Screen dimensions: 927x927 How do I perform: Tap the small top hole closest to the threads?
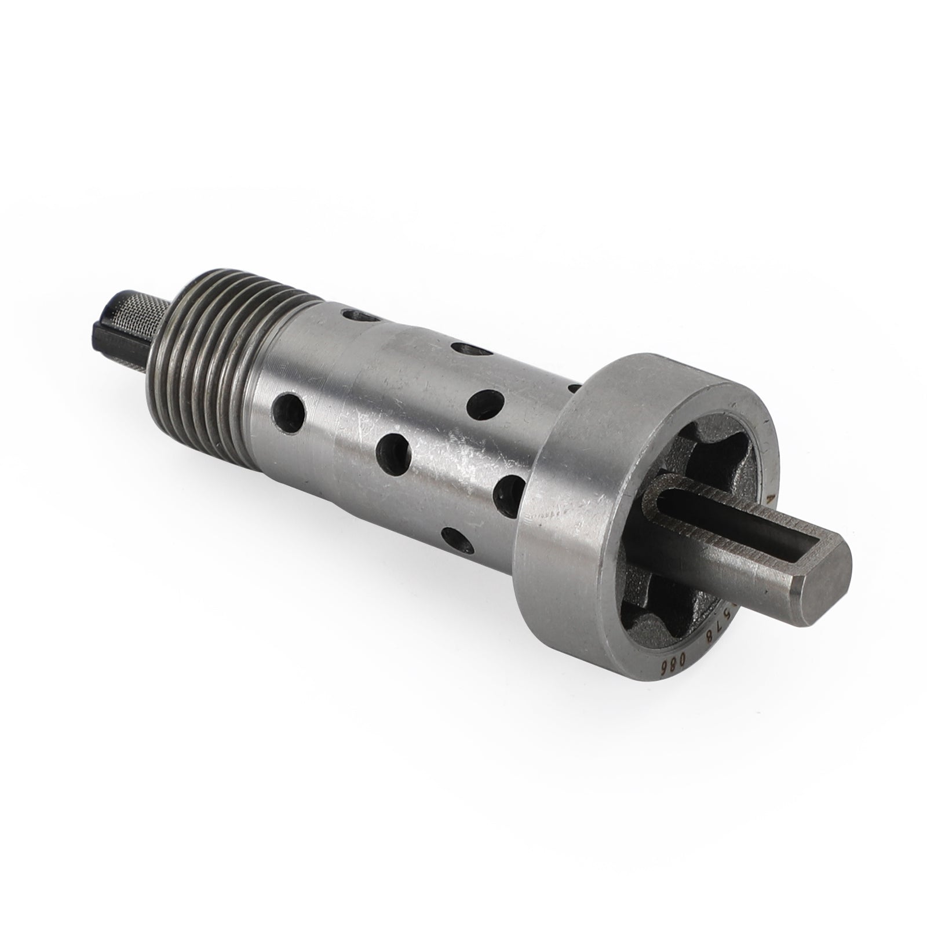[356, 316]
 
